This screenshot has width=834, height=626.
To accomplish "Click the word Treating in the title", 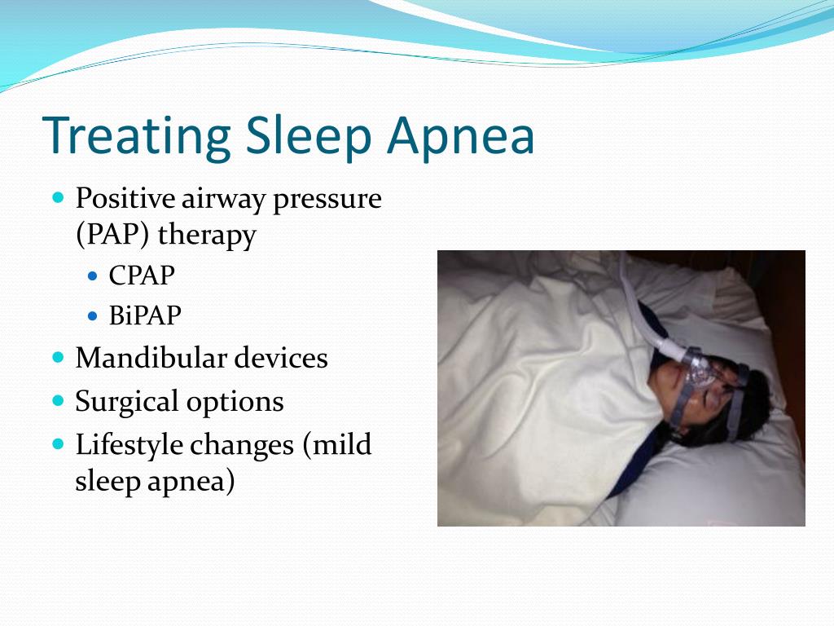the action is pos(137,137).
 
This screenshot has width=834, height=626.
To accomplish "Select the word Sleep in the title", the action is pos(309,137).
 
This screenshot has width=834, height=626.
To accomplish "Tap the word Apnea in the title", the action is pos(461,137).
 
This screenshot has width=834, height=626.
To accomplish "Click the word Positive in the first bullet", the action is pos(125,199).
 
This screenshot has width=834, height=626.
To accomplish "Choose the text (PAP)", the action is pos(112,234).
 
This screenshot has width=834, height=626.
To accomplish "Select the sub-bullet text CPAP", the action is pos(142,276).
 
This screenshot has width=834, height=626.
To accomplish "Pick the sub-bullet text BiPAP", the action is pos(145,315).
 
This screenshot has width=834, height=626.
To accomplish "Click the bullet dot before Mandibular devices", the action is pos(59,357).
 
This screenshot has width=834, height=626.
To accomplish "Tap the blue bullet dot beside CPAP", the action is pos(93,276).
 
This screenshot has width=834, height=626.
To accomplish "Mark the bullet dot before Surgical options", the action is pos(59,400).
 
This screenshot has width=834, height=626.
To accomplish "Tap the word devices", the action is pos(281,357).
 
